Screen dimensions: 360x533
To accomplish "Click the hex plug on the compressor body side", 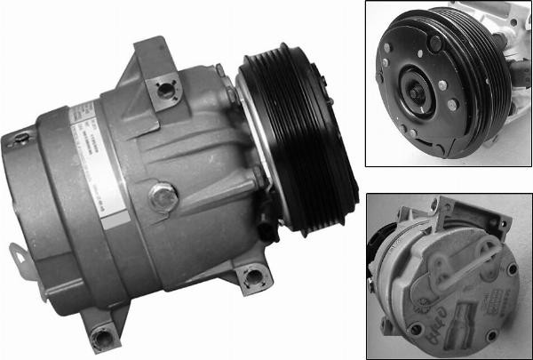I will coord(163,197).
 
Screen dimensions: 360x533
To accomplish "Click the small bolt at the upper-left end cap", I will coord(19,137).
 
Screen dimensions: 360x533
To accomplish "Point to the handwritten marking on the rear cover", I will coord(440,333).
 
